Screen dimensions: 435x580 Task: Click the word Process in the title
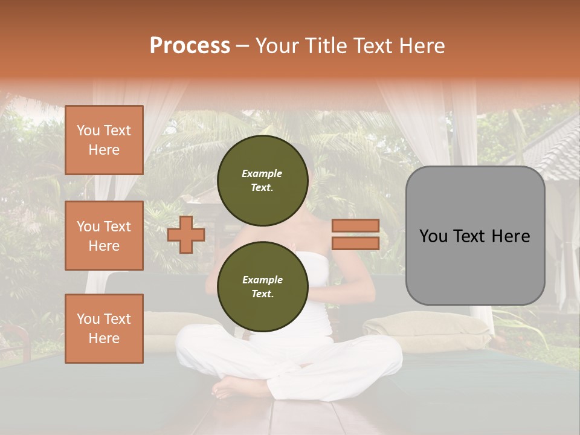tap(190, 46)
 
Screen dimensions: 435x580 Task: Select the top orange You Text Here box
tap(104, 140)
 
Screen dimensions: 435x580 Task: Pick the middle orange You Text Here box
tap(104, 236)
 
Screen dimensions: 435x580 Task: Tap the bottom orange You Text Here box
tap(104, 329)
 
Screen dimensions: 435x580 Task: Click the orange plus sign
tap(186, 234)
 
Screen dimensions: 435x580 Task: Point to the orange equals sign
tap(355, 234)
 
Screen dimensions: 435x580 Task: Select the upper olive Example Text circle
tap(262, 181)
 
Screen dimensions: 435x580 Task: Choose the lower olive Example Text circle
tap(262, 287)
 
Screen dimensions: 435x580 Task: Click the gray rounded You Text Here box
tap(475, 236)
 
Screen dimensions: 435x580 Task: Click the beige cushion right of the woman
tap(429, 326)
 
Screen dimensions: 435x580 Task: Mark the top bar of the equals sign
tap(355, 226)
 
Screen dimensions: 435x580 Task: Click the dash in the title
tap(242, 46)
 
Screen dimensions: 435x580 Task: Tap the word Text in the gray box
tap(475, 236)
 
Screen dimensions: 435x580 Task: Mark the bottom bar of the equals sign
tap(355, 243)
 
